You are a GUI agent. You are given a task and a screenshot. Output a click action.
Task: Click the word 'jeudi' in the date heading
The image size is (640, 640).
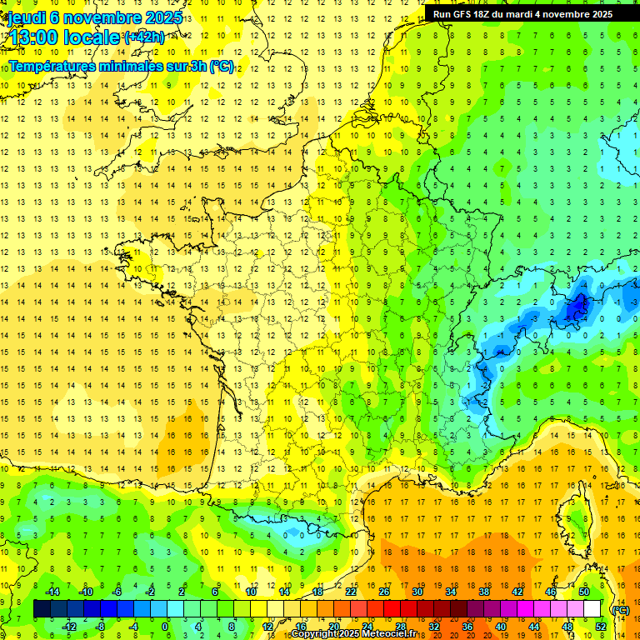(27, 17)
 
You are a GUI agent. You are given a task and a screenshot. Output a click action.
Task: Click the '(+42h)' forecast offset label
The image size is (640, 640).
(144, 37)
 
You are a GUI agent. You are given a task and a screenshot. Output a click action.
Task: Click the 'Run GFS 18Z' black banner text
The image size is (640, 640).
(463, 14)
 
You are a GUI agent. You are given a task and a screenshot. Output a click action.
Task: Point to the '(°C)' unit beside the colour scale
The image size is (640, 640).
(620, 610)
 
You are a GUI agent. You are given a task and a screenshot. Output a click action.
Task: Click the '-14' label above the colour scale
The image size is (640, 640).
(52, 592)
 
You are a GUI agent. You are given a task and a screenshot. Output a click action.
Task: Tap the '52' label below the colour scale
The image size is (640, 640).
(601, 627)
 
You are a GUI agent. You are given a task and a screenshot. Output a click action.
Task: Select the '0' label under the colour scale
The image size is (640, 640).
(165, 627)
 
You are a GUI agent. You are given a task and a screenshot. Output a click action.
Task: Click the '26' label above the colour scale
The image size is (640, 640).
(384, 592)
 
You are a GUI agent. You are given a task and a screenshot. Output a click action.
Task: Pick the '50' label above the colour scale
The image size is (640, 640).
(583, 592)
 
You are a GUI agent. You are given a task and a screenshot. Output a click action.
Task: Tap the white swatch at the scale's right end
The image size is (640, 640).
(592, 609)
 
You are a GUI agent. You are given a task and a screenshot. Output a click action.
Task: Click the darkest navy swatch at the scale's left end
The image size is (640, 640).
(42, 609)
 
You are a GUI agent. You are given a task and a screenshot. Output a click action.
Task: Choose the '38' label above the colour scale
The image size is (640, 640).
(483, 592)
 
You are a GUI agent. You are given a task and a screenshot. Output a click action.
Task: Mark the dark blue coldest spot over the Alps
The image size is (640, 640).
(575, 309)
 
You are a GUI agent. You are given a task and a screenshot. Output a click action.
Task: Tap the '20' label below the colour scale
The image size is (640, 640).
(334, 627)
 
